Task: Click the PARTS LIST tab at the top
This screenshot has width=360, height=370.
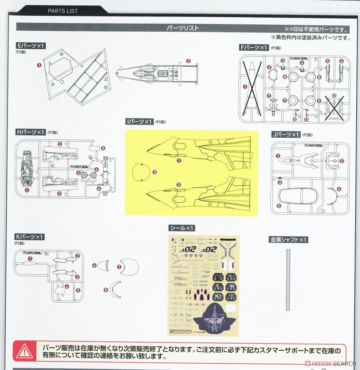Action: pos(63,11)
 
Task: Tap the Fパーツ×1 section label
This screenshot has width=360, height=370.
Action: pos(254,48)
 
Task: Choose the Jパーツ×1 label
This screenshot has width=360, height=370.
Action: pos(286,135)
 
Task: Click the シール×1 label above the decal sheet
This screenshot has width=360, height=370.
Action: pos(182,228)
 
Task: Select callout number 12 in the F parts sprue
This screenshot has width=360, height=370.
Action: pos(334,96)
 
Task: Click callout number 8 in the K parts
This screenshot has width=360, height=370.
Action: pos(106,290)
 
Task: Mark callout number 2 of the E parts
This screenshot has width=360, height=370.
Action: pos(188,61)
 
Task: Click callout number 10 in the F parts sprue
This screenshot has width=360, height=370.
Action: pos(295,119)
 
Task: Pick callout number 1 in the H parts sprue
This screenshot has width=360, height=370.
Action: pos(27,190)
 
